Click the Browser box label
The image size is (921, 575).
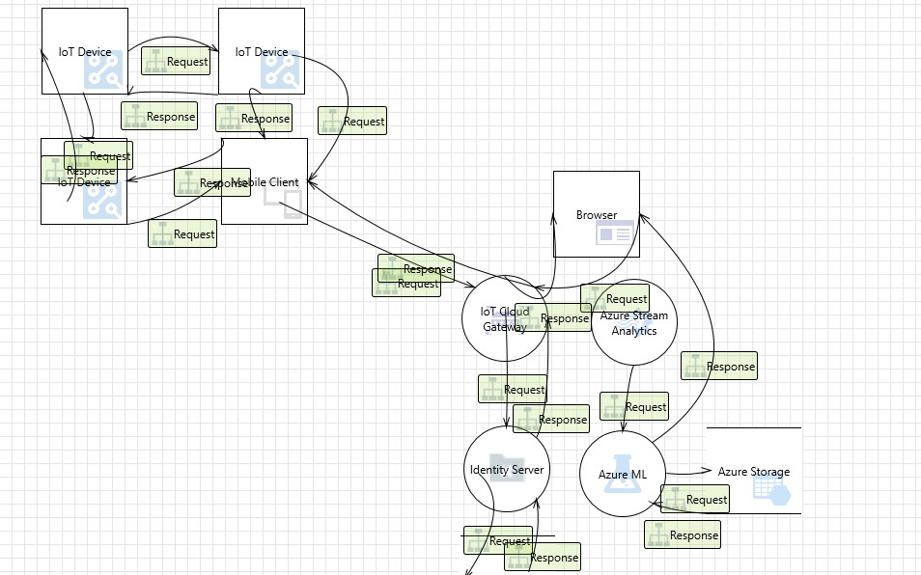pos(596,215)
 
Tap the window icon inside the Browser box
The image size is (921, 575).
pos(615,233)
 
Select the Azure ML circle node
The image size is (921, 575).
pos(622,474)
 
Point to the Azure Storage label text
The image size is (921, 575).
pos(753,472)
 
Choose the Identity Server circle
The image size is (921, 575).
pos(506,470)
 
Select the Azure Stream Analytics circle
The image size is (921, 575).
pos(633,323)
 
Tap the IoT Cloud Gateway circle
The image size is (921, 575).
pos(504,319)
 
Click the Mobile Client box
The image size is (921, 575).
pos(265,181)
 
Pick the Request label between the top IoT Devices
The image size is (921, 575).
pos(177,61)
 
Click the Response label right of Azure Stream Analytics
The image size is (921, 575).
pos(719,367)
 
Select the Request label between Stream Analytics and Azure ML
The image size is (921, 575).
pos(634,407)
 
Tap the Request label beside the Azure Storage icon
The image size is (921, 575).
pos(695,500)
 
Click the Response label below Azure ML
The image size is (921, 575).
pos(683,535)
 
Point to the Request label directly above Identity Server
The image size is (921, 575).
pos(513,390)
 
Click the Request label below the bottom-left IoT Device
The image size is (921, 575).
pos(182,233)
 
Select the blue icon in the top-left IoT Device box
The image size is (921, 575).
pos(102,71)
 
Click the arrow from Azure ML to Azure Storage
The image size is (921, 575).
pos(687,473)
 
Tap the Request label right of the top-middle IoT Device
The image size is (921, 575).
pos(352,122)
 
